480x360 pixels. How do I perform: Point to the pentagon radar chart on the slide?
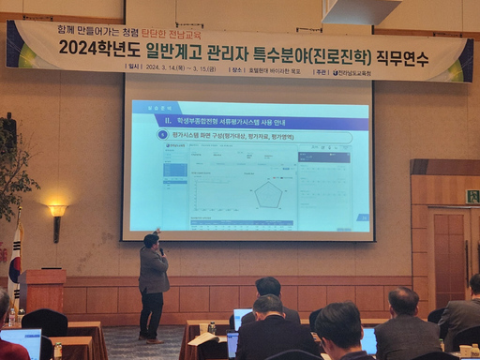(x=270, y=194)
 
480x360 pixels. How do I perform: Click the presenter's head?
(x=150, y=241)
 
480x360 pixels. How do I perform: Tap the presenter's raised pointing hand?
(x=157, y=231)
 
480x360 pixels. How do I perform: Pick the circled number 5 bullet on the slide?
(x=163, y=137)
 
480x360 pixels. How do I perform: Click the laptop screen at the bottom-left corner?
(x=21, y=343)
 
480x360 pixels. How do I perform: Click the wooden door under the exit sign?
(x=449, y=257)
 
